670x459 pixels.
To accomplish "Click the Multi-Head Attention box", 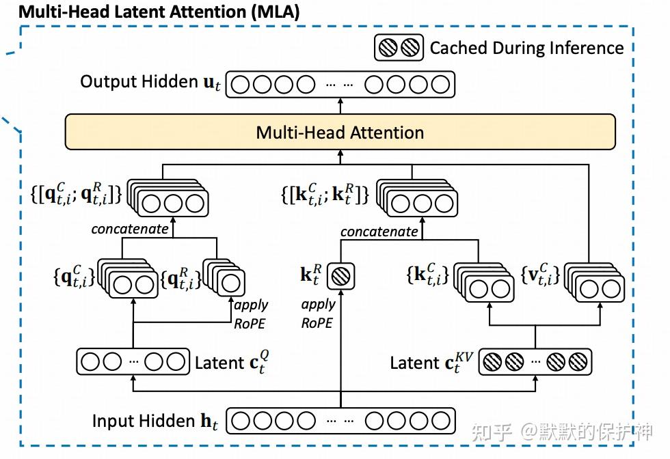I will click(340, 132).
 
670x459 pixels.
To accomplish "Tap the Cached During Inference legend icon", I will click(399, 48).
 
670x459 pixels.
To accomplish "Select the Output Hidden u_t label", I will click(150, 83).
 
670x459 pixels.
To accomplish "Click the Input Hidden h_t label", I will click(155, 421).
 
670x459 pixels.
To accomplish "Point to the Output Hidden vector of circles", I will click(340, 85).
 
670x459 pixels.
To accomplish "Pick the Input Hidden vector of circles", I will click(340, 421).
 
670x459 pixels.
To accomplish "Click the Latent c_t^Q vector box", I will click(132, 361).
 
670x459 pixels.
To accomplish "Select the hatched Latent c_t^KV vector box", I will click(535, 362).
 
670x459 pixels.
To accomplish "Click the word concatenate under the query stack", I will click(130, 229).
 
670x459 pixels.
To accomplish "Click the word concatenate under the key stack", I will click(379, 232).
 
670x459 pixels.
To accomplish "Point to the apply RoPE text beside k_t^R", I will click(318, 314).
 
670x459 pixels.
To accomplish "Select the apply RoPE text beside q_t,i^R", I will click(251, 314).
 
